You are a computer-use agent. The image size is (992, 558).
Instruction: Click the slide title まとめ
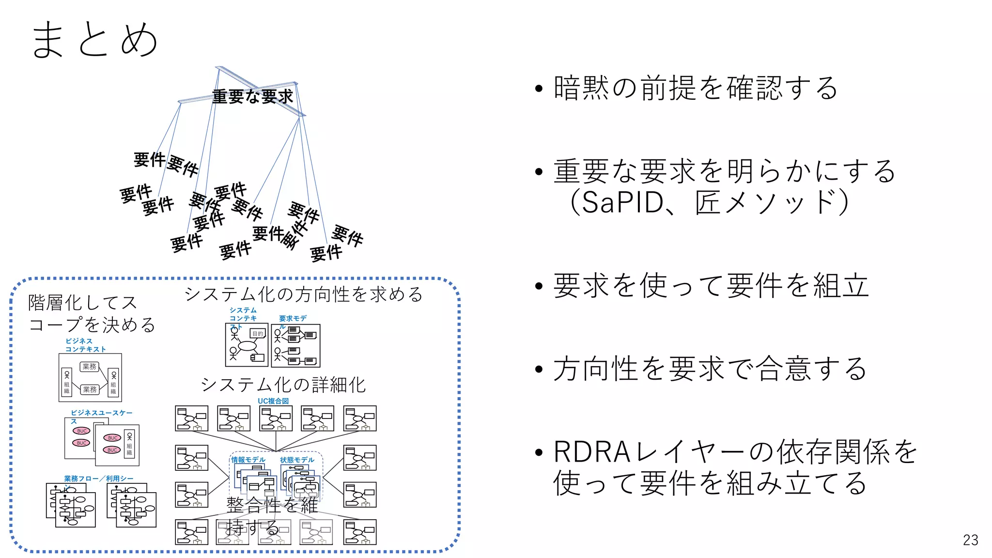pos(94,40)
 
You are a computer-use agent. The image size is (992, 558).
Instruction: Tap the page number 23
pos(970,540)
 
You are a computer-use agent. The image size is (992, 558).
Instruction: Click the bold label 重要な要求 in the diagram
pos(252,96)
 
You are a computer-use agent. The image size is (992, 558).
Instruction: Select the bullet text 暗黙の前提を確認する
pos(696,88)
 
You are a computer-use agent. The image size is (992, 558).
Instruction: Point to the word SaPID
pos(622,202)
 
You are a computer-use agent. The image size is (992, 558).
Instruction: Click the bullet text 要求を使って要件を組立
pos(711,285)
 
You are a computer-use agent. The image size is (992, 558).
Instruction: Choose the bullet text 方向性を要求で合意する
pos(710,369)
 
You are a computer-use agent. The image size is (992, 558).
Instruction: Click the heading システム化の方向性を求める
pos(304,294)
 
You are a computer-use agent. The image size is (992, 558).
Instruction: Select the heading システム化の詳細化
pos(283,385)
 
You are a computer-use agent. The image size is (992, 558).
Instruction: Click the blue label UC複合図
pos(273,401)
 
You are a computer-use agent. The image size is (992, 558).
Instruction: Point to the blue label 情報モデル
pos(248,460)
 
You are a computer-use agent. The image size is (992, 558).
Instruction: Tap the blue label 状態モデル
pos(297,460)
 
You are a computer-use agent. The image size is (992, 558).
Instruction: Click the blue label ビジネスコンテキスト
pos(85,345)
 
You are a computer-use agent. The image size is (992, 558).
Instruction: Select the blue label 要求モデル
pos(293,319)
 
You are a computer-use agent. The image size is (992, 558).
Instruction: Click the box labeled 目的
pos(258,334)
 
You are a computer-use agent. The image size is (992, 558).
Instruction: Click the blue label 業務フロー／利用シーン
pos(98,479)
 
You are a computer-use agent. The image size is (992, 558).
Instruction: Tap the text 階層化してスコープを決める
pos(92,313)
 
